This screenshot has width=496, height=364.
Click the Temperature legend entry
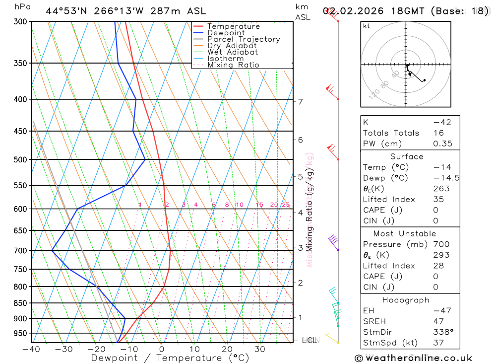click(x=233, y=26)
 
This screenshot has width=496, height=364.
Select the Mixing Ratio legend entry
click(x=233, y=65)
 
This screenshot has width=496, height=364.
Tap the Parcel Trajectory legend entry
click(x=243, y=39)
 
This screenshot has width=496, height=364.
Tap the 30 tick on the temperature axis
click(x=259, y=349)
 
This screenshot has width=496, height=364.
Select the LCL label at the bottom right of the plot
click(x=310, y=340)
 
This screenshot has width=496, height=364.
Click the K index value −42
click(x=441, y=122)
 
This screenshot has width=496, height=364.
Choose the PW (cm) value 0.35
click(x=442, y=144)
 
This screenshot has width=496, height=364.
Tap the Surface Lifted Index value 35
click(x=438, y=199)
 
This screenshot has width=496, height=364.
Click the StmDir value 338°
click(x=441, y=332)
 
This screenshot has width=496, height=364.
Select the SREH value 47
click(x=438, y=321)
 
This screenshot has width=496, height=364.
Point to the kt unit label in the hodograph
click(x=367, y=26)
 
